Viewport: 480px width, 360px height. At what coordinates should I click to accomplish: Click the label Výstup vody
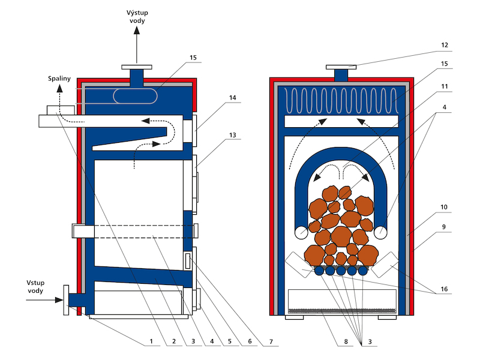pos(137,17)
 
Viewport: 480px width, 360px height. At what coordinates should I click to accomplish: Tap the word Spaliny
pos(59,79)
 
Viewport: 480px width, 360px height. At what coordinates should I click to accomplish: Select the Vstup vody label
pos(35,287)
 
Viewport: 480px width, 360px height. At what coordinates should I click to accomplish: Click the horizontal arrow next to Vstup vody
pos(44,300)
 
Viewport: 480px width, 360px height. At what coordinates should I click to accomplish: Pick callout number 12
pos(445,46)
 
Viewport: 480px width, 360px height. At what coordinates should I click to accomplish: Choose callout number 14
pos(233,98)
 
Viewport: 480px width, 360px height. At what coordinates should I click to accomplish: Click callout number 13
pos(233,135)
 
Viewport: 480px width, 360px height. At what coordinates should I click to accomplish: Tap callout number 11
pos(445,86)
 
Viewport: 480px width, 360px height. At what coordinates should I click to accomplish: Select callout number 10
pos(444,207)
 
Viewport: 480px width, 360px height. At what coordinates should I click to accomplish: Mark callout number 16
pos(444,289)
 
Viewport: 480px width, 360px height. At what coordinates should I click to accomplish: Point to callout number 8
pos(346,341)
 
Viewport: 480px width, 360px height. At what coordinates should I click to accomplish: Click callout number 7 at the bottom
pos(271,341)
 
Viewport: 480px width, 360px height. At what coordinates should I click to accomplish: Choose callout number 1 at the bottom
pos(151,341)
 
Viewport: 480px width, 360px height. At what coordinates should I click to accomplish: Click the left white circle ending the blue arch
pos(301,232)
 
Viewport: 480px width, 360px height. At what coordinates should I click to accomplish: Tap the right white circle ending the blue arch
pos(380,232)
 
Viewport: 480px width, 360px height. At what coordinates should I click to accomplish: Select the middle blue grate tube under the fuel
pos(341,271)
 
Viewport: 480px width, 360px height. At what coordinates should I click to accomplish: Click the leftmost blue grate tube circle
pos(319,271)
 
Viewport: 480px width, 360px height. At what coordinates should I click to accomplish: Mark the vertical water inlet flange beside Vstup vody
pos(66,300)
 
